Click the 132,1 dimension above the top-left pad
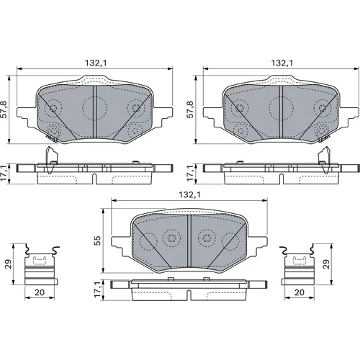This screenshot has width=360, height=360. [96, 63]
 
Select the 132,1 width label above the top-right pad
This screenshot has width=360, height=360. [282, 63]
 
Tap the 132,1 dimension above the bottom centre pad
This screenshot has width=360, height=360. [189, 195]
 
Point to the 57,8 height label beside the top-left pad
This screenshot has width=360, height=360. [4, 109]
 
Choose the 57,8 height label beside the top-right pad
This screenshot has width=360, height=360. [191, 109]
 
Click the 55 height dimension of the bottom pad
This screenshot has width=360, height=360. [97, 240]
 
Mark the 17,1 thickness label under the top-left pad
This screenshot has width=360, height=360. [4, 173]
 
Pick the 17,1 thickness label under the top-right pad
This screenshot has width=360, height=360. [190, 173]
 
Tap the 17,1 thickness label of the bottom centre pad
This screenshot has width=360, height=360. [97, 289]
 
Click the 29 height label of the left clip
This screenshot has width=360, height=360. [9, 264]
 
